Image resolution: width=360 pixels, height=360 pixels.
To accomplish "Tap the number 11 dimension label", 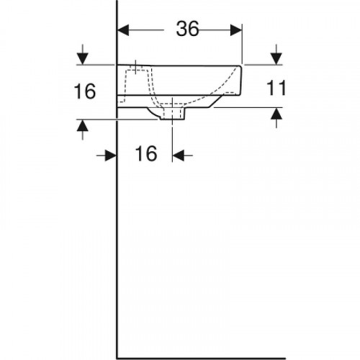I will click(276, 89).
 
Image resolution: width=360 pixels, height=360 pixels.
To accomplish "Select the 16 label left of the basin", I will click(85, 91).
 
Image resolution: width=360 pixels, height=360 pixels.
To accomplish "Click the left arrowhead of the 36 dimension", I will click(123, 29).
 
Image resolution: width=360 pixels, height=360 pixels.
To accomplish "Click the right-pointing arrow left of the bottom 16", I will click(110, 154).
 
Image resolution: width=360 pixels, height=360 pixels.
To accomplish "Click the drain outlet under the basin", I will click(173, 114).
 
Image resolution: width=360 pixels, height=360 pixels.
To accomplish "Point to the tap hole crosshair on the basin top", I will click(135, 68).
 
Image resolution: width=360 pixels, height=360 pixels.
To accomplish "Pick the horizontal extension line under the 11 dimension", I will click(245, 107).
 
